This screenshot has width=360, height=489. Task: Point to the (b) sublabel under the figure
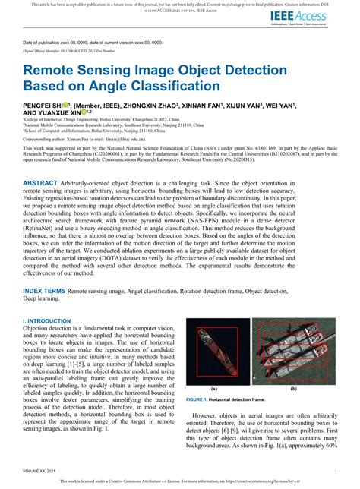(x=292, y=389)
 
